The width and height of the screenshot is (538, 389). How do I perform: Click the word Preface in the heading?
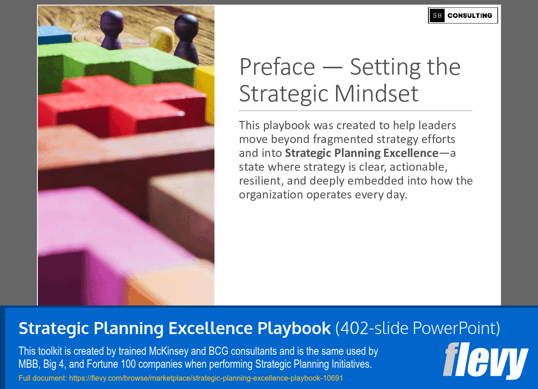(277, 67)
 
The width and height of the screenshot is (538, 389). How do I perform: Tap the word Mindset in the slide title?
(376, 93)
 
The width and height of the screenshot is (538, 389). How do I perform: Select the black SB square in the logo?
(437, 16)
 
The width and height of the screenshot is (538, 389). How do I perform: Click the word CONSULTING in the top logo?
(470, 16)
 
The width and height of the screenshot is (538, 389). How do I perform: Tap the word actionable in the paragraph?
(421, 167)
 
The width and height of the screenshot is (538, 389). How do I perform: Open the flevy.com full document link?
(206, 378)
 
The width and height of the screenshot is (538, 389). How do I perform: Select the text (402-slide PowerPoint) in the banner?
(417, 328)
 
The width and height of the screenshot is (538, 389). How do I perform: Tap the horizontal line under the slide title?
(355, 111)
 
